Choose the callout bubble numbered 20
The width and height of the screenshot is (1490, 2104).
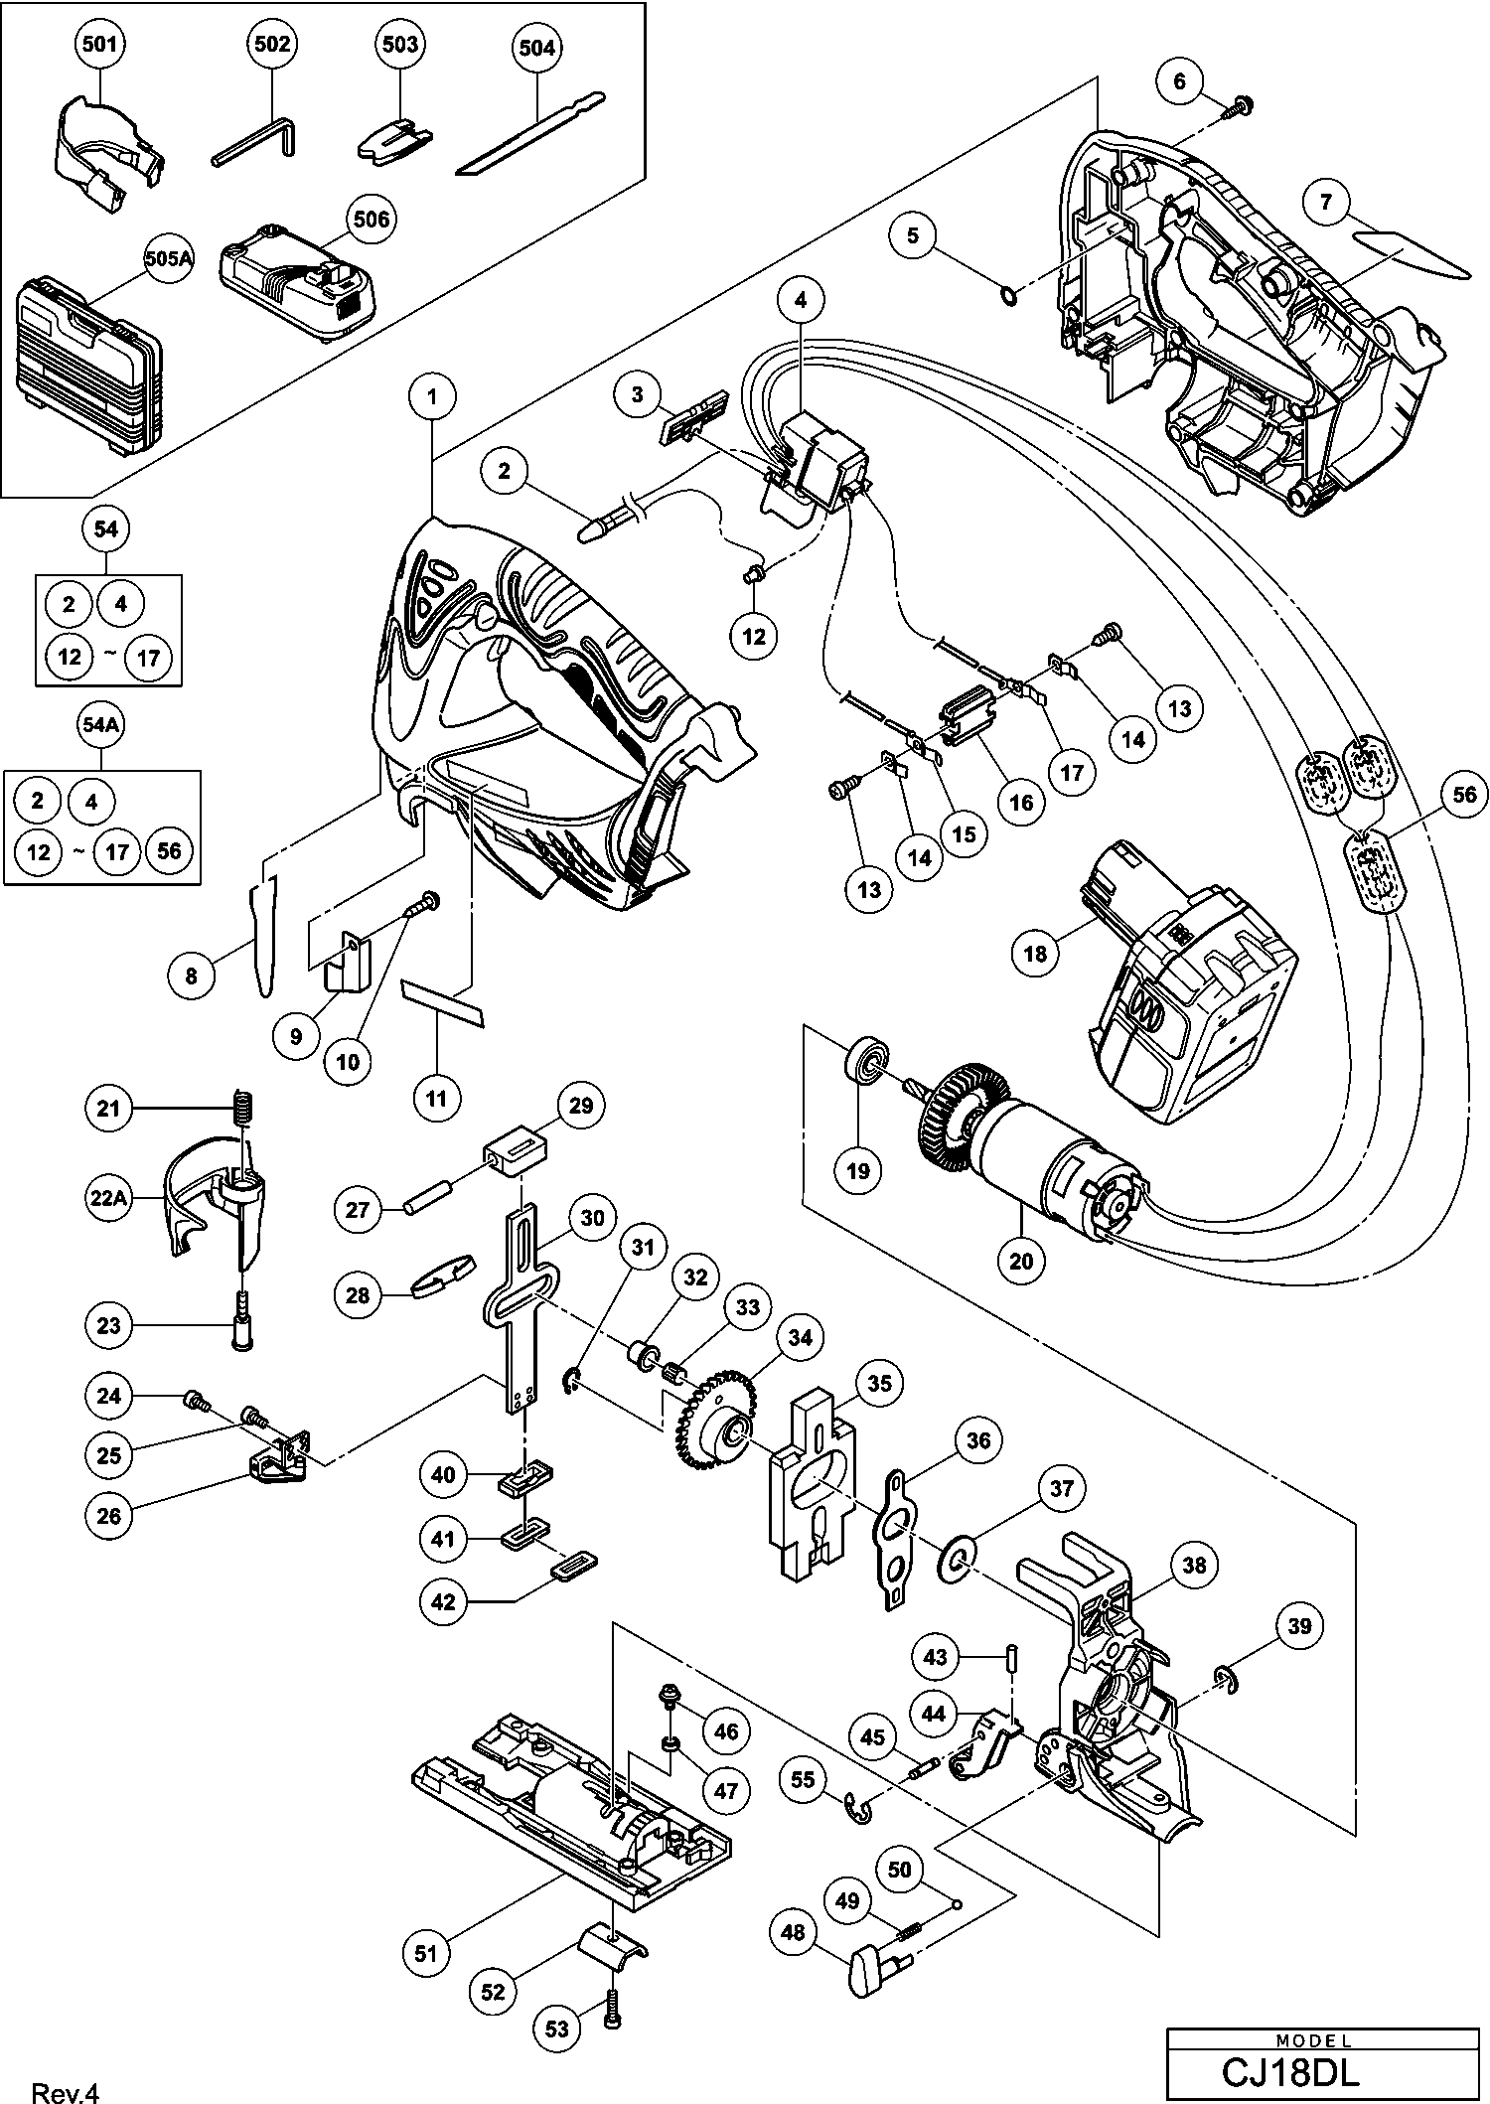1021,1261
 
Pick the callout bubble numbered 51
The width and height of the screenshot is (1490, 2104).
425,1952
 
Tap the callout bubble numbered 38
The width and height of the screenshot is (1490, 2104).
1193,1566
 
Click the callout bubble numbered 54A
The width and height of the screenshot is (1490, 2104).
101,726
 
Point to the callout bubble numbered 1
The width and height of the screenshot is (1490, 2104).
432,396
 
